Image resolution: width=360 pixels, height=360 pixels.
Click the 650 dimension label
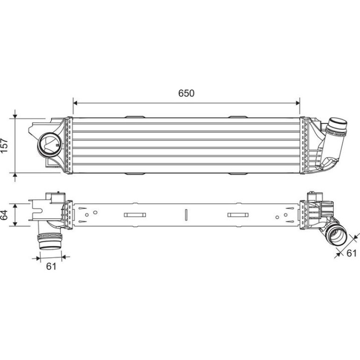[186, 93]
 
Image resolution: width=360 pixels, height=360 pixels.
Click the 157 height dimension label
[4, 145]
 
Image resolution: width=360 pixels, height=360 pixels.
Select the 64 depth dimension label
[4, 215]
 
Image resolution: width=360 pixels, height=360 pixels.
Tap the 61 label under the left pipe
[51, 266]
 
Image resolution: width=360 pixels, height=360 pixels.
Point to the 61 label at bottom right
[351, 253]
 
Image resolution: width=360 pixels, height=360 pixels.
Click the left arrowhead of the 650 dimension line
[75, 103]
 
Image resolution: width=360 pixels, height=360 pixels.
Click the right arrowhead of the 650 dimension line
[297, 103]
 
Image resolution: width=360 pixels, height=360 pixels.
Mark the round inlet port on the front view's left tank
[50, 145]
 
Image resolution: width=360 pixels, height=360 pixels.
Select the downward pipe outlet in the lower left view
[50, 242]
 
